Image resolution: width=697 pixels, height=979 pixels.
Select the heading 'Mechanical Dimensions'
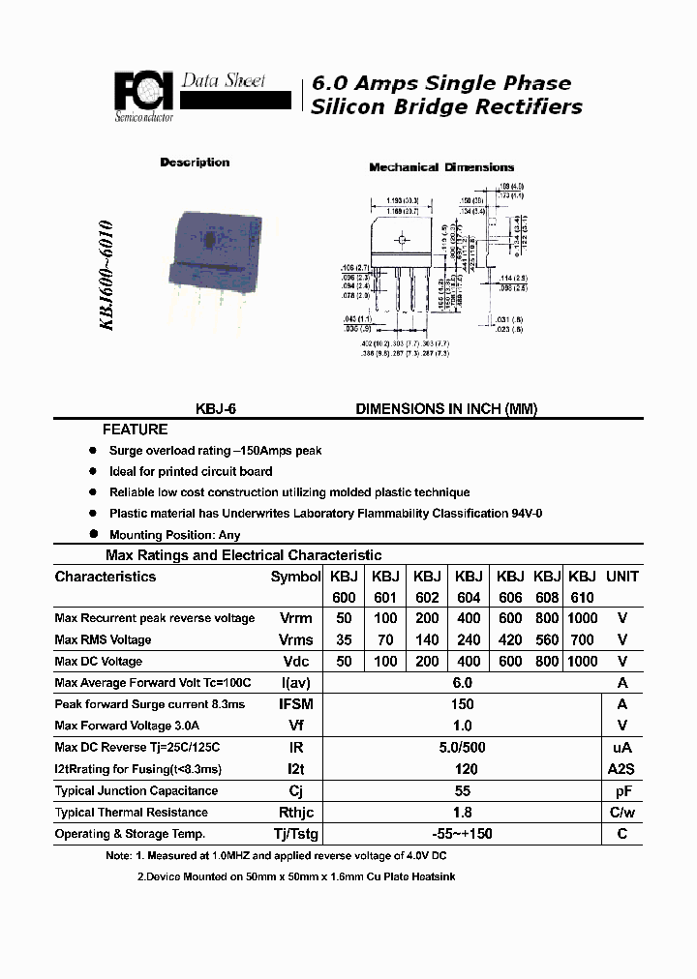[x=441, y=167]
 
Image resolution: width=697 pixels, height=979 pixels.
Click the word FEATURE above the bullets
[x=136, y=430]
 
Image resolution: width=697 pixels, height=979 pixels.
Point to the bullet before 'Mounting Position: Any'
[x=94, y=534]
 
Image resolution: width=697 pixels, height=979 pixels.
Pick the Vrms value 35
[x=343, y=639]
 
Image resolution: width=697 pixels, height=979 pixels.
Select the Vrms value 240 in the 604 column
[x=469, y=639]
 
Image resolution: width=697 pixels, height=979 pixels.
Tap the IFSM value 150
[x=462, y=704]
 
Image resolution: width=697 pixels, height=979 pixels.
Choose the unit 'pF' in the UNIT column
[x=622, y=790]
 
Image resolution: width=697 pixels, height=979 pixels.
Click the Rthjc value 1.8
[x=462, y=813]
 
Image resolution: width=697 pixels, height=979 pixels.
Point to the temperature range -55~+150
[x=462, y=834]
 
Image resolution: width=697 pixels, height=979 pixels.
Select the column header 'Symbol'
[x=295, y=577]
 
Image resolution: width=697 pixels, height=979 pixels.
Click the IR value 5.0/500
[x=462, y=748]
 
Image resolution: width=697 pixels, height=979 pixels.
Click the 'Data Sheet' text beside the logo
[x=224, y=81]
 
